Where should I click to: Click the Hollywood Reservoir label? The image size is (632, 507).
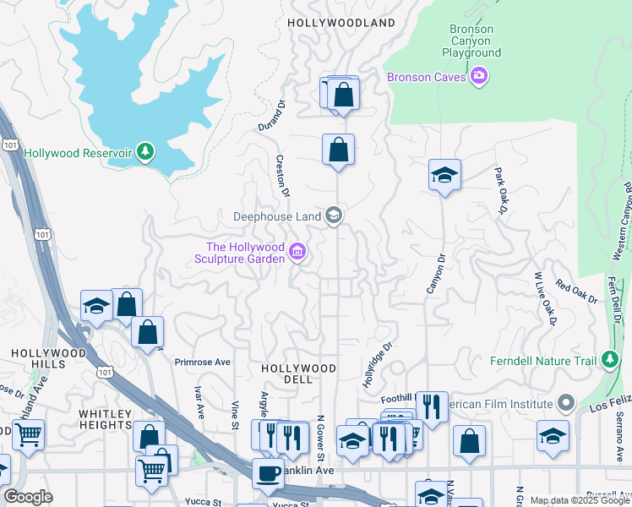click(78, 153)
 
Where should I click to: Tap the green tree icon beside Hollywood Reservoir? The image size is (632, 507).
click(147, 152)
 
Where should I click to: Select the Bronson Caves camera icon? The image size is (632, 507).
click(480, 77)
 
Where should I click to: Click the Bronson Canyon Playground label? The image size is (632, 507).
click(471, 41)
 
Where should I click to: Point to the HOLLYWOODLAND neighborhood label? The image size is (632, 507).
click(341, 23)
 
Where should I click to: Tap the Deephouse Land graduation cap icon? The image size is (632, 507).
click(334, 215)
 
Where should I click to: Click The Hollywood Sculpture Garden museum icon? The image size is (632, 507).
click(297, 252)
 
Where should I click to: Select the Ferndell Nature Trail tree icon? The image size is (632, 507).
click(609, 361)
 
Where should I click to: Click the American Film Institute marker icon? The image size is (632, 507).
click(566, 403)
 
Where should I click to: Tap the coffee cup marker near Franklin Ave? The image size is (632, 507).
click(269, 473)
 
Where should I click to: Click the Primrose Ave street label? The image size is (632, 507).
click(203, 362)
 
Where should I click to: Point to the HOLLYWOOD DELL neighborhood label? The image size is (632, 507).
click(298, 374)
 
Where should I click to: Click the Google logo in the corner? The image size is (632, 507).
click(29, 496)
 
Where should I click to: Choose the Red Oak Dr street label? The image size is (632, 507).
click(576, 293)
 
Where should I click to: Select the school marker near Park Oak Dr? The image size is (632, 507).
click(444, 176)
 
